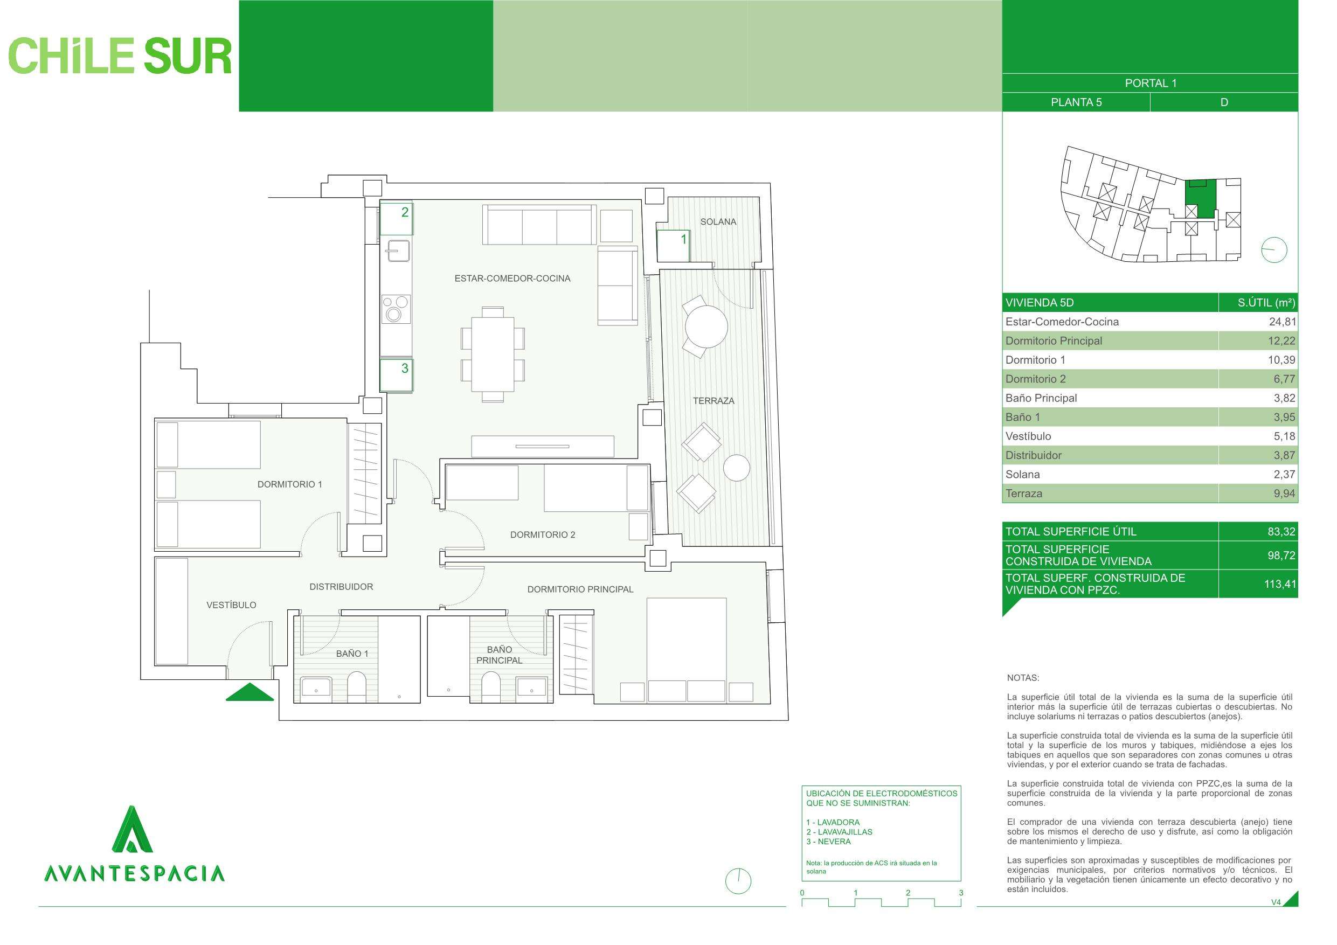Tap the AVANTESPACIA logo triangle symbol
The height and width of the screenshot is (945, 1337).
132,829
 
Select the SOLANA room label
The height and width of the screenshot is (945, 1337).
718,222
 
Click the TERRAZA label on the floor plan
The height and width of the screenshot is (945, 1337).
713,401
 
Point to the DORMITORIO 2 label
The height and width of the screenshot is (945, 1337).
543,534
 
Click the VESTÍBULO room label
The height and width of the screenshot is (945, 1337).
231,605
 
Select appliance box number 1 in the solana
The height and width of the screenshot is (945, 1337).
673,246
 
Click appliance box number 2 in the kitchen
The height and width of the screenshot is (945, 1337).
397,218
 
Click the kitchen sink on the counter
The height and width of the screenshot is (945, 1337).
397,251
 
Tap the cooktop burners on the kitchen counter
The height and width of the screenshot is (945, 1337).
396,309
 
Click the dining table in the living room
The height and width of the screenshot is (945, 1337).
493,354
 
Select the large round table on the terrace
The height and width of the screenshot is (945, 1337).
706,326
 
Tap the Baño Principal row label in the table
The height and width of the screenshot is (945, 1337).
1041,398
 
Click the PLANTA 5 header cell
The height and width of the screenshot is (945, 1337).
1076,102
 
